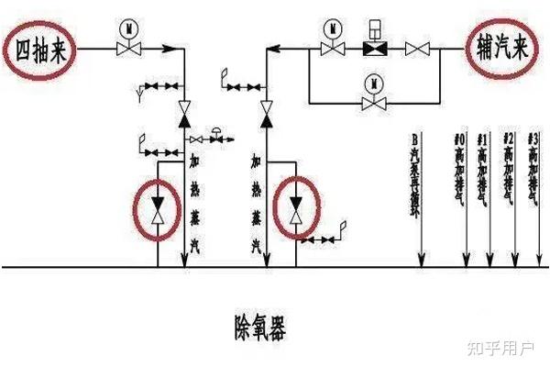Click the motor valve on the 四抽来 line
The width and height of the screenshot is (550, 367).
(127, 49)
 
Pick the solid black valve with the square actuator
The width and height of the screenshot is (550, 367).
(374, 48)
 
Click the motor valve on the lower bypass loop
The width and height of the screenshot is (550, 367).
(374, 102)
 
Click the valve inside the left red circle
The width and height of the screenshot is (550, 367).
(158, 208)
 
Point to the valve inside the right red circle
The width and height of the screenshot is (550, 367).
(294, 208)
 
